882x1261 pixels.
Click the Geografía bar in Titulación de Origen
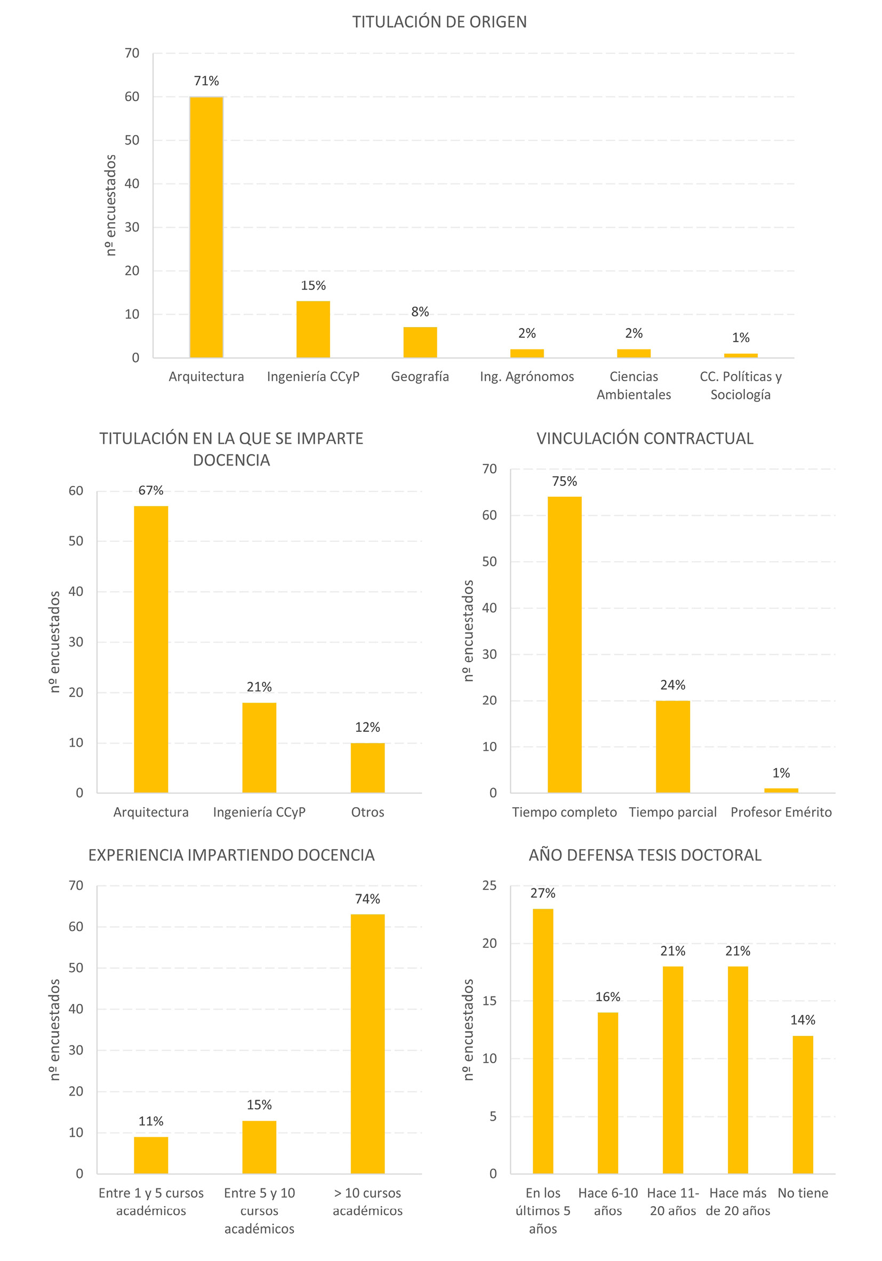[x=420, y=342]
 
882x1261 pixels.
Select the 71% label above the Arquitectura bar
[x=206, y=81]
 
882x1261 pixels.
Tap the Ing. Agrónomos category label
[x=527, y=377]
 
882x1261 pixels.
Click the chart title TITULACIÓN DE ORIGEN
[x=439, y=22]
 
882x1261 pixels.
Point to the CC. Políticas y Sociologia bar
[x=740, y=355]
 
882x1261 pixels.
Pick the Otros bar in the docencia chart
[x=367, y=768]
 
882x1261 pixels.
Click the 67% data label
[x=151, y=490]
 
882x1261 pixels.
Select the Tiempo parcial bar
[x=673, y=746]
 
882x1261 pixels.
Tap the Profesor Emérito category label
[x=781, y=812]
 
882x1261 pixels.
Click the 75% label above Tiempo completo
[x=565, y=482]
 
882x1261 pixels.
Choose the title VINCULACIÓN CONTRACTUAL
[x=645, y=439]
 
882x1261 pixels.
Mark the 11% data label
[x=151, y=1121]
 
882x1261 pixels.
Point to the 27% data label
[x=543, y=893]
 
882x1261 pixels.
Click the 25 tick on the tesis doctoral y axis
[x=490, y=885]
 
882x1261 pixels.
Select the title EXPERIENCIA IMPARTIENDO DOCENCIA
[x=231, y=855]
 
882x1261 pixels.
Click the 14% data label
[x=803, y=1020]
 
